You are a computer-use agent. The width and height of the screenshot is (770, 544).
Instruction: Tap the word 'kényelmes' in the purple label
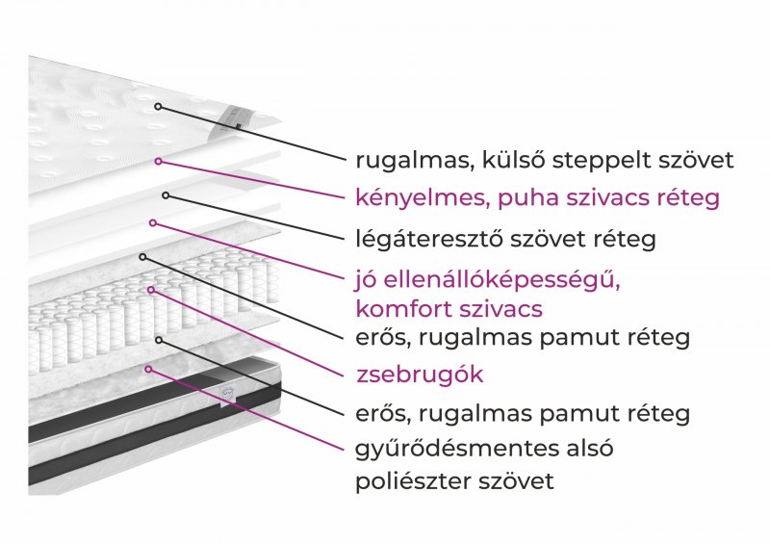(423, 198)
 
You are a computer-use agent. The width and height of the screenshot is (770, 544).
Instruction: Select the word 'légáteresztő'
(428, 240)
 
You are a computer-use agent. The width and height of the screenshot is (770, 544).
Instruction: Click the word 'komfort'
(403, 309)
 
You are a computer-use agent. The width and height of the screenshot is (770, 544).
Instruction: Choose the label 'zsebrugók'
(420, 375)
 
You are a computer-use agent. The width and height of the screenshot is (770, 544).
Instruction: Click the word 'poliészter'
(416, 481)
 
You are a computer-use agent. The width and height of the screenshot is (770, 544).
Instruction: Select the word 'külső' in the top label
(513, 160)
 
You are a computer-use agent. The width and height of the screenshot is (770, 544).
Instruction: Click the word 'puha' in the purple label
(527, 199)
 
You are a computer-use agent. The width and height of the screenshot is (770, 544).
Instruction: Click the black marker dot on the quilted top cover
(158, 106)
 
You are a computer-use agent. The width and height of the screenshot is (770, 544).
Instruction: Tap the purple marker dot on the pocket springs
(151, 290)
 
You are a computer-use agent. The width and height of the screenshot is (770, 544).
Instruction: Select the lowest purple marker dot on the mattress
(148, 369)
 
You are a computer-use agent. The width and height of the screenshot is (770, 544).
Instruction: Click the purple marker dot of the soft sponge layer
(158, 161)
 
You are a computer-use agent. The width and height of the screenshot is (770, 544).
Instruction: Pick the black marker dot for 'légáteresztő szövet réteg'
(166, 195)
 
